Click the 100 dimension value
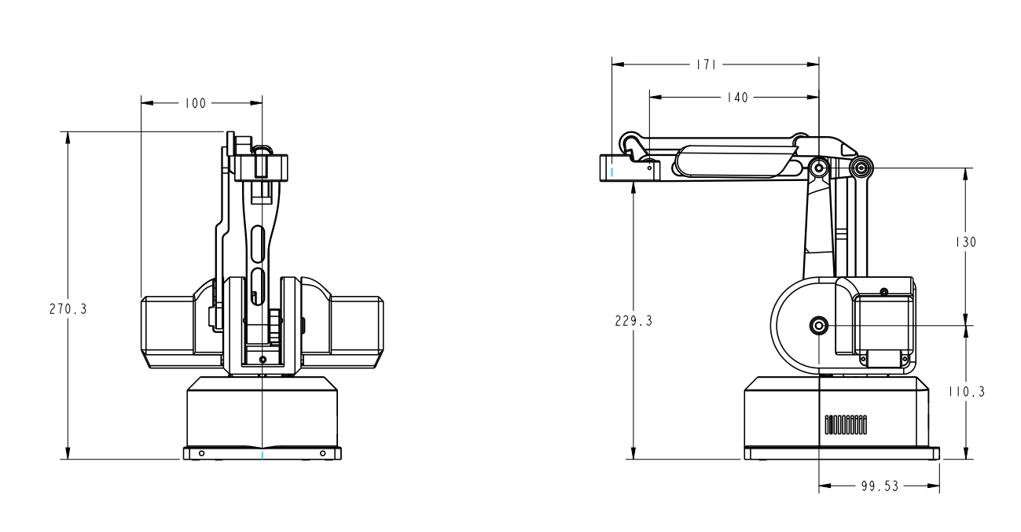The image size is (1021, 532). tap(195, 103)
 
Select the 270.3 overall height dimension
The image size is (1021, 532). tap(68, 309)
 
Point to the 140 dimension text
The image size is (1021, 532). tap(737, 98)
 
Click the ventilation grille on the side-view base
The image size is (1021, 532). tap(845, 426)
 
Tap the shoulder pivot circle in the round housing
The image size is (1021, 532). tap(819, 325)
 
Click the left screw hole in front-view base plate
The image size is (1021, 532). tap(202, 454)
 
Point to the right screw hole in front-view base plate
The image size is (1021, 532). tap(322, 454)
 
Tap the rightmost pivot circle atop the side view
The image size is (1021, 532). tap(862, 168)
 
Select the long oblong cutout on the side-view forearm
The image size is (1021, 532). tap(732, 161)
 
